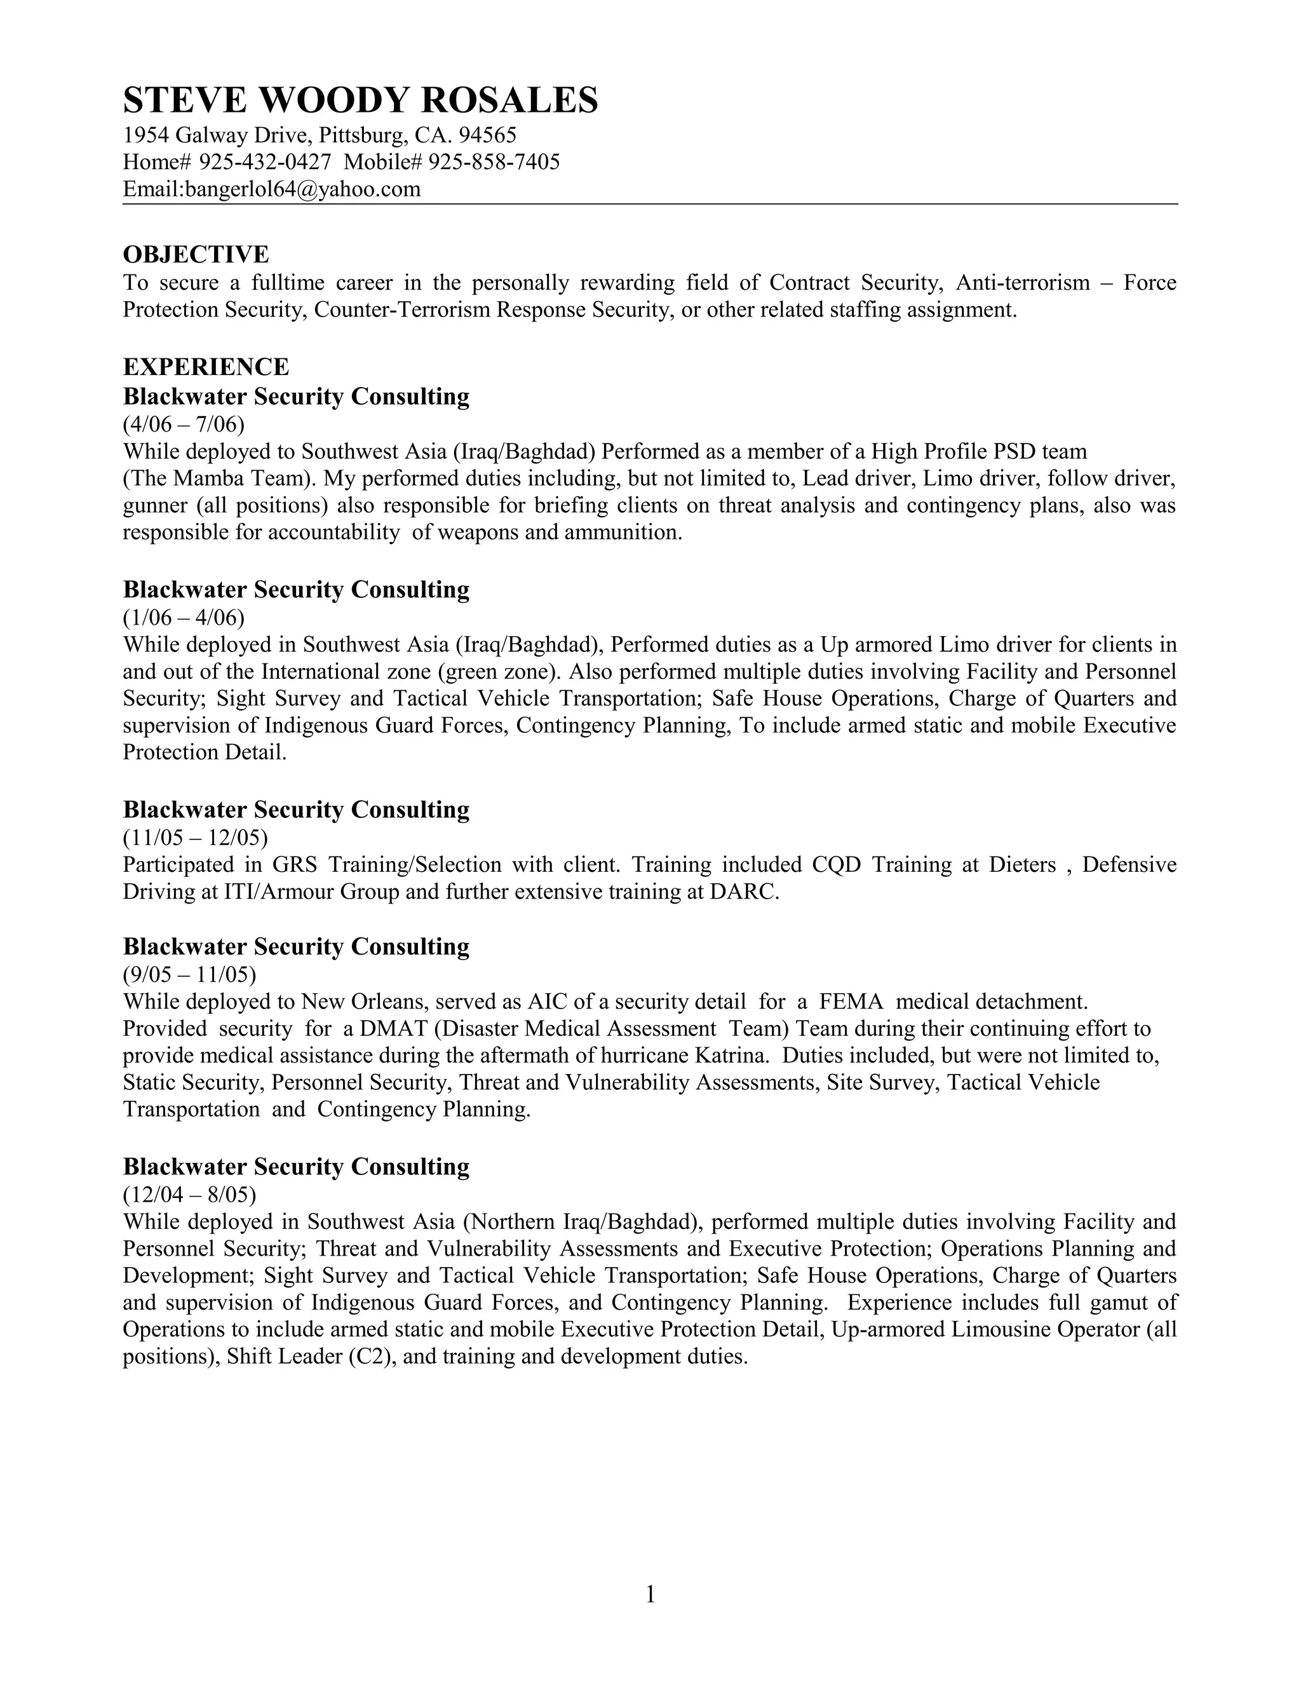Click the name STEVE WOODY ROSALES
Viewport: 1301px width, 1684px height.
[360, 101]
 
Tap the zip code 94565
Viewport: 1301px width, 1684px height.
[487, 136]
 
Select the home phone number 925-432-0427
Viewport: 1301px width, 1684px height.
[265, 163]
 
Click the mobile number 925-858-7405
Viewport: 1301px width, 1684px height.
[494, 163]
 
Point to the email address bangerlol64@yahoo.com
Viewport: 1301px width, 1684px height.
[302, 189]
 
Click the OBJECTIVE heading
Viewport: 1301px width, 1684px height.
[196, 254]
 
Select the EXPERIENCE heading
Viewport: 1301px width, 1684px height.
[206, 366]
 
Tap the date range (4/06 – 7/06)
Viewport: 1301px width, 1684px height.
[184, 424]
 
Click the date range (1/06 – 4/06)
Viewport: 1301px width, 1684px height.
[184, 617]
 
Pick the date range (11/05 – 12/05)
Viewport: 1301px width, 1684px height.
[195, 838]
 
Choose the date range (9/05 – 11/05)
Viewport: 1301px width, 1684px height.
[189, 975]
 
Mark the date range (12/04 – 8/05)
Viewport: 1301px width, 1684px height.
[189, 1195]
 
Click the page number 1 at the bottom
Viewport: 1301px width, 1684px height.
[650, 1594]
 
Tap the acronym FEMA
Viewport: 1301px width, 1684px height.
[850, 1002]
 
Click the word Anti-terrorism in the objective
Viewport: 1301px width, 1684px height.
[1022, 283]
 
